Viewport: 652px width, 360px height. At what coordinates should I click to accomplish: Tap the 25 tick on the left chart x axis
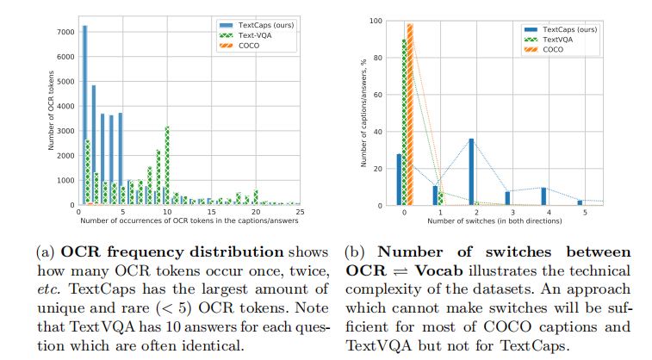301,212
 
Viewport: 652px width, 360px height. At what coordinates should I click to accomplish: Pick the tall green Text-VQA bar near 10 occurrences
167,165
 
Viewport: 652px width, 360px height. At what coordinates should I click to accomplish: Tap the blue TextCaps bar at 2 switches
471,171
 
